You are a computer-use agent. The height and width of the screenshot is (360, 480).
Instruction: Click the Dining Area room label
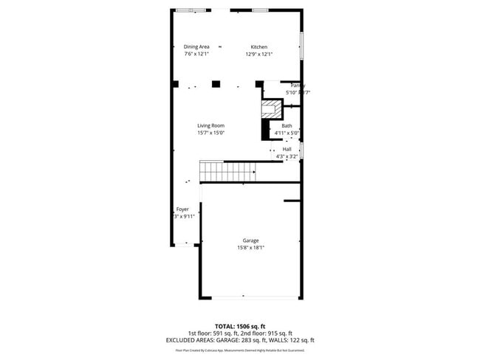[196, 46]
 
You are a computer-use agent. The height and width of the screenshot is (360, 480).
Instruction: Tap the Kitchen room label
[258, 46]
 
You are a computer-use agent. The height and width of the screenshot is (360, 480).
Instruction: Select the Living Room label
[210, 125]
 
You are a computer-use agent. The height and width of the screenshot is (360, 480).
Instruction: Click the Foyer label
[182, 210]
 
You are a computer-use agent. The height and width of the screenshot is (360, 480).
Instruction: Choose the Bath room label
[287, 125]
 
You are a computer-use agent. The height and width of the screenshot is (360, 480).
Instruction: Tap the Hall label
[287, 149]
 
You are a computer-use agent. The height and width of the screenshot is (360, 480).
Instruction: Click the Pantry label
[297, 86]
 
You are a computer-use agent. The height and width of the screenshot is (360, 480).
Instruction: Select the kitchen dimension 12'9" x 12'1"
[259, 54]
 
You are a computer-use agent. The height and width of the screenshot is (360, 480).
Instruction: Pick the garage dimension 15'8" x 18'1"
[251, 249]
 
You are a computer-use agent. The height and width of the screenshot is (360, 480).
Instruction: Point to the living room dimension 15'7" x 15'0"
[210, 133]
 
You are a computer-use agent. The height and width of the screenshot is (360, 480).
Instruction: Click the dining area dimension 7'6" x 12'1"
[196, 54]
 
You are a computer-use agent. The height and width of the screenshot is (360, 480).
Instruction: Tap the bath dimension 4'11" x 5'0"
[287, 133]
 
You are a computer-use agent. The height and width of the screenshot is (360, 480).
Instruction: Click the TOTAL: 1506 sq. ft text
[241, 325]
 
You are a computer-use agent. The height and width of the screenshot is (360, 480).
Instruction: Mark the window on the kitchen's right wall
[301, 46]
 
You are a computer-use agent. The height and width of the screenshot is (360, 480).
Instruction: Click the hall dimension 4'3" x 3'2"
[287, 156]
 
